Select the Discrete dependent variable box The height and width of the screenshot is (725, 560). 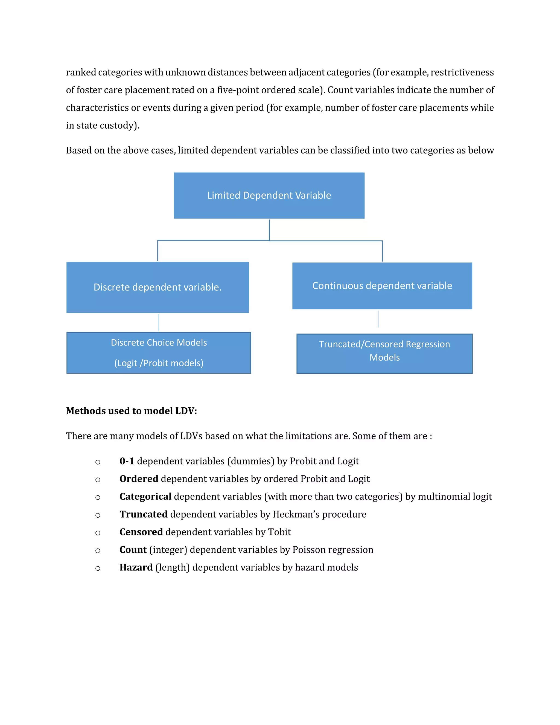tap(157, 287)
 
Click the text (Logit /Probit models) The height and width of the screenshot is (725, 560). tap(159, 363)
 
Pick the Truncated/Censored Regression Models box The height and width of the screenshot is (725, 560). tap(384, 353)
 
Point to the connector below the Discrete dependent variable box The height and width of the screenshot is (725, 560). tap(159, 322)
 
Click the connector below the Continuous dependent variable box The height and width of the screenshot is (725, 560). tap(378, 319)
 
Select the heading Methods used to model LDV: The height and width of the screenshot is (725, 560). tap(131, 411)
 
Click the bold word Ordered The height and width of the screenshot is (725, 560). tap(139, 479)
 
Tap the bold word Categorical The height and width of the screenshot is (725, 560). tap(145, 497)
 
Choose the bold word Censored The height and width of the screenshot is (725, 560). tap(141, 532)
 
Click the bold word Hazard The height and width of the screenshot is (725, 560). tap(136, 568)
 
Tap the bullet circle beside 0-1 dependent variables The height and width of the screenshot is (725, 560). tap(98, 462)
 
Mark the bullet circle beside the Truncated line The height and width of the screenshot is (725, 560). tap(98, 515)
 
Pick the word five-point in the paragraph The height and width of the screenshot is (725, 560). tap(238, 90)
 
